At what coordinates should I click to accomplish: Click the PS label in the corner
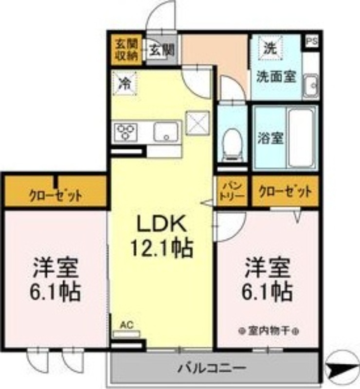click(x=311, y=41)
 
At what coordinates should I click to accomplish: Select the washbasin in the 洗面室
click(x=310, y=86)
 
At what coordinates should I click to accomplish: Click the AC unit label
click(x=126, y=325)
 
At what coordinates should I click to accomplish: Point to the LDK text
click(x=160, y=224)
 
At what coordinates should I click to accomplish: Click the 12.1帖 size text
click(x=160, y=248)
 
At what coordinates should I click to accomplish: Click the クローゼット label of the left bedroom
click(x=55, y=196)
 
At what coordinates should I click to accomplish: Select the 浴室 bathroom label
click(x=270, y=138)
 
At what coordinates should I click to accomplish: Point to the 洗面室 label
click(x=276, y=77)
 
